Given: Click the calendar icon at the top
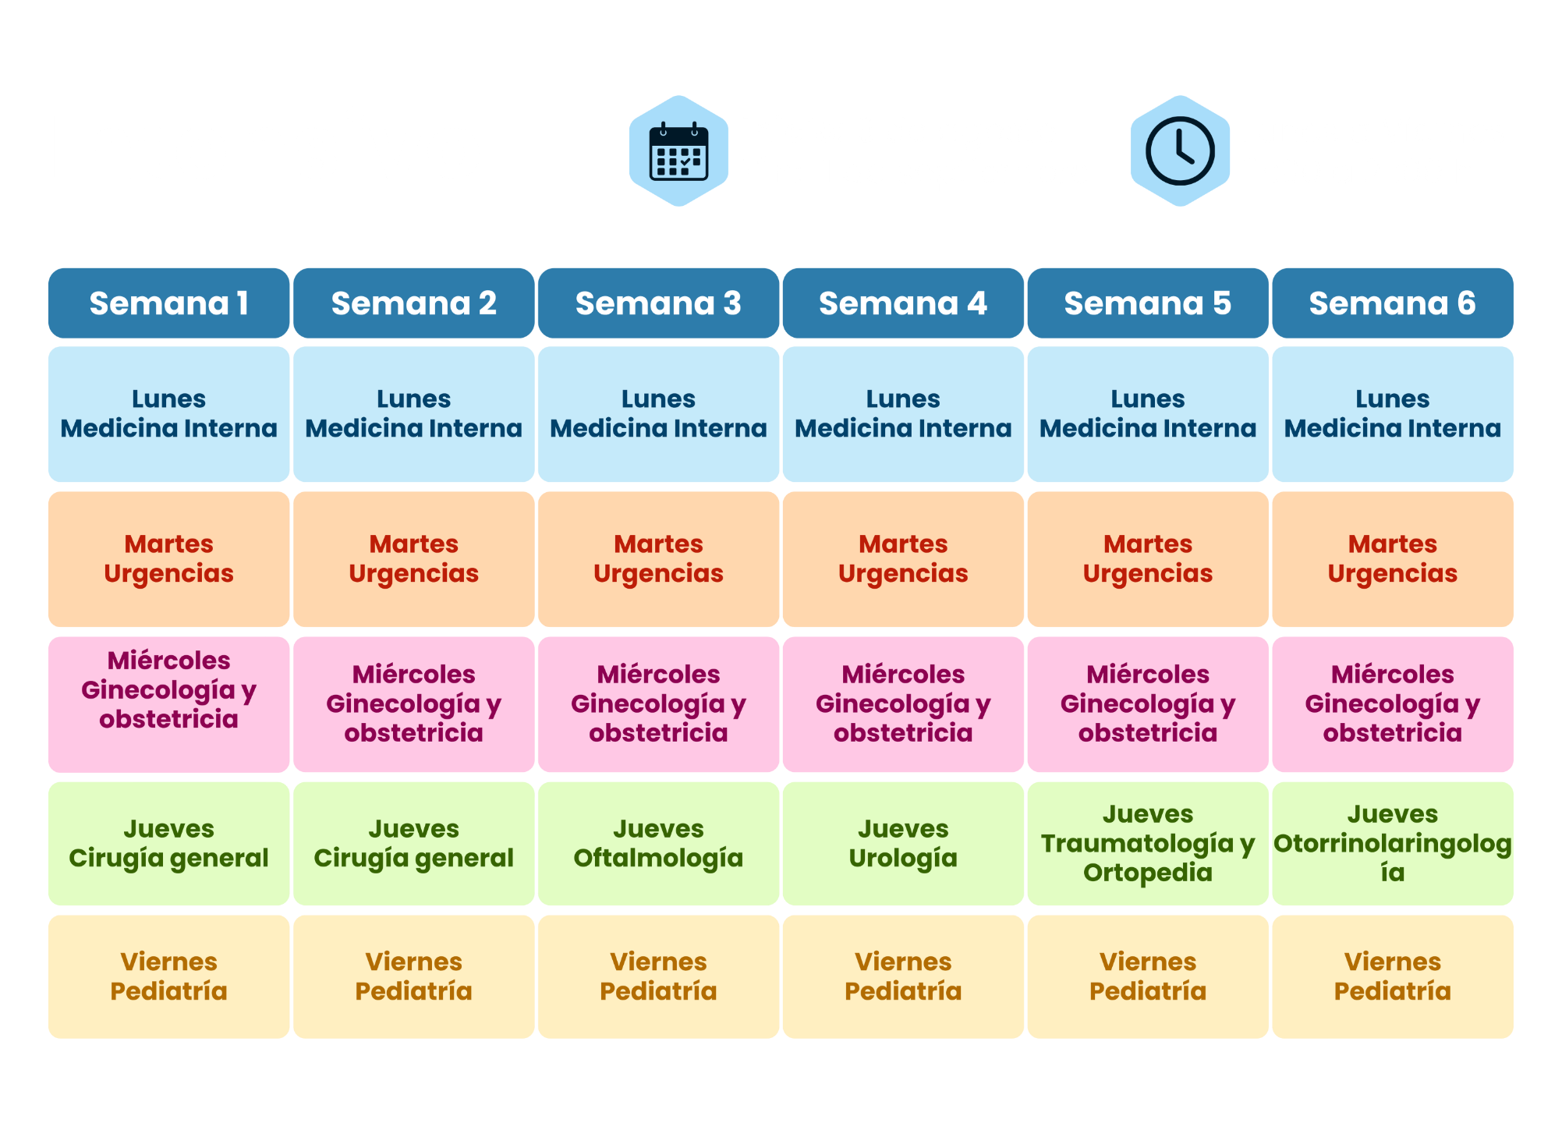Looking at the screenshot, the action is (x=678, y=151).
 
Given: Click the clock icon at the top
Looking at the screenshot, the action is (x=1180, y=151).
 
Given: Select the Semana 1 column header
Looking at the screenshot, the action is (x=169, y=303).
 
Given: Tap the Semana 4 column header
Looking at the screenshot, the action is (x=903, y=303).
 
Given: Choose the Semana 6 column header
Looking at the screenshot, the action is (x=1393, y=303).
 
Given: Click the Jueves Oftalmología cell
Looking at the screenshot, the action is (x=659, y=844).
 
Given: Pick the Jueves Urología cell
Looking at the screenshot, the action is (x=903, y=844).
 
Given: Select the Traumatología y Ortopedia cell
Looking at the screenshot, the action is (x=1148, y=844).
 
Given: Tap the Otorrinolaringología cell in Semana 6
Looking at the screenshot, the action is (x=1393, y=844).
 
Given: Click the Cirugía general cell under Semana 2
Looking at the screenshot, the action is (x=414, y=844).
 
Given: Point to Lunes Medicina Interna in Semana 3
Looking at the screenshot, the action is (x=659, y=414).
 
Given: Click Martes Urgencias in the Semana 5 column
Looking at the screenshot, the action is (x=1148, y=559).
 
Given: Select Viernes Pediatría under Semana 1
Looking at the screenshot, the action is (x=169, y=976).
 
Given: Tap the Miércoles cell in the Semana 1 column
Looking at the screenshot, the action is (x=169, y=704).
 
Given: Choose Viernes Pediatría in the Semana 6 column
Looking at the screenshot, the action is (x=1393, y=976).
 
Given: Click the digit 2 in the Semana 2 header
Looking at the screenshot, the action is (x=487, y=303).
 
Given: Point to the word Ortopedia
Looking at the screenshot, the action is (x=1148, y=873).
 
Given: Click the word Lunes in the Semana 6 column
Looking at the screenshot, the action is (x=1393, y=399).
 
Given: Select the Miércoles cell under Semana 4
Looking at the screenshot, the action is (x=903, y=704).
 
